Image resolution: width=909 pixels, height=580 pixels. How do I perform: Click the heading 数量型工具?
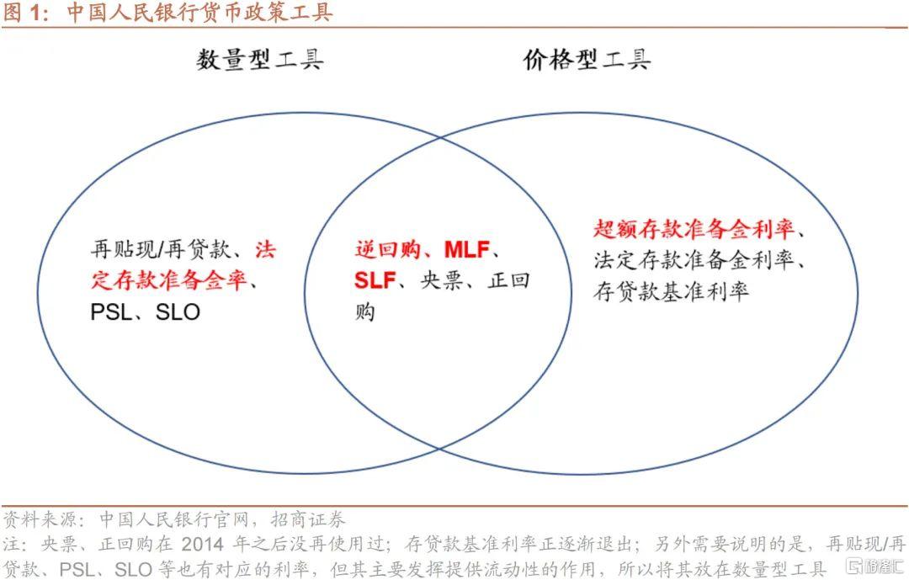[259, 60]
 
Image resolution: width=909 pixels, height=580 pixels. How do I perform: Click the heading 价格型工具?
[586, 60]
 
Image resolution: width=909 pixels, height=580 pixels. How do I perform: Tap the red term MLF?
[466, 249]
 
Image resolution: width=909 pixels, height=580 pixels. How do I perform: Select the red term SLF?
[375, 280]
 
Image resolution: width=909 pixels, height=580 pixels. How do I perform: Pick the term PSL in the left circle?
[111, 312]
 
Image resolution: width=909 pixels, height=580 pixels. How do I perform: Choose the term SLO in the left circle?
[178, 312]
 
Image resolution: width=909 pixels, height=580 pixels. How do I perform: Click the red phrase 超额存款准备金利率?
[694, 229]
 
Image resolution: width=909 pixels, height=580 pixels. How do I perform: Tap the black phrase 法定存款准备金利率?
[694, 260]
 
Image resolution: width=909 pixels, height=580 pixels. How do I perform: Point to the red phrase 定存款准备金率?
[168, 280]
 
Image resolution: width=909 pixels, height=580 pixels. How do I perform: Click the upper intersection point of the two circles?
[440, 137]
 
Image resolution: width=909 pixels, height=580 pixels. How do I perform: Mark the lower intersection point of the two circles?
[439, 449]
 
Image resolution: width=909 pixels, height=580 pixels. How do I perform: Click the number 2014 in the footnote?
[202, 544]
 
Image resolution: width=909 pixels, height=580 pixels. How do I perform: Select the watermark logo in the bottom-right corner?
[875, 566]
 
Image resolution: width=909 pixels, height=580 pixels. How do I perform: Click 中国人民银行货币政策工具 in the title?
[199, 13]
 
